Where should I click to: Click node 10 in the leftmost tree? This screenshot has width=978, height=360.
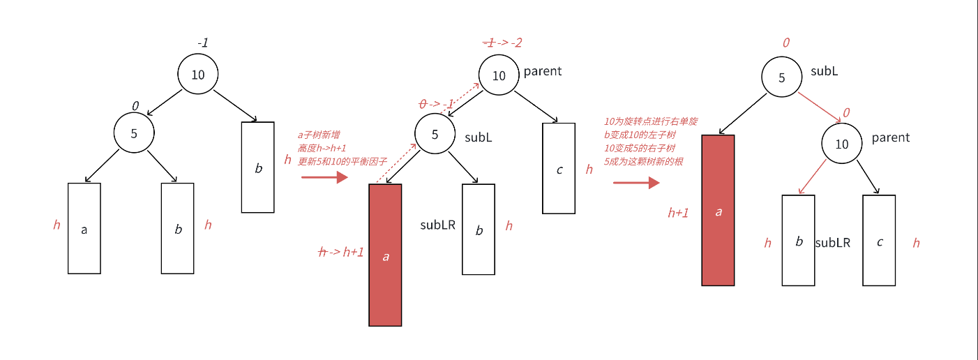click(x=198, y=74)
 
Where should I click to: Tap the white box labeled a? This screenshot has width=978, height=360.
click(x=84, y=228)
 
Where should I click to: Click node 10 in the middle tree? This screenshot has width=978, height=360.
click(x=499, y=75)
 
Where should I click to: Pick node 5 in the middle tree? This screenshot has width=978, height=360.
click(x=435, y=135)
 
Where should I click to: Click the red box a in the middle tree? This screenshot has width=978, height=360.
click(x=385, y=255)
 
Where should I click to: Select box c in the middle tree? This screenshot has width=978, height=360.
click(x=559, y=168)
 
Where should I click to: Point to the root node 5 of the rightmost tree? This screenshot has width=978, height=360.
click(x=781, y=77)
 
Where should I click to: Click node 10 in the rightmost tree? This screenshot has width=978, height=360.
click(x=842, y=144)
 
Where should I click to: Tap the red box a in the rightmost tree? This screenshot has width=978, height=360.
click(x=718, y=210)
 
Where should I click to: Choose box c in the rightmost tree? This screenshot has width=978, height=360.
click(x=879, y=241)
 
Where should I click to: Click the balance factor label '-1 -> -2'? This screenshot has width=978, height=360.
click(x=502, y=43)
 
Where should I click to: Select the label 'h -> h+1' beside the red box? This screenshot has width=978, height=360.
click(x=341, y=252)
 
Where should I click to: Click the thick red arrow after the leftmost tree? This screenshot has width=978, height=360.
click(x=324, y=177)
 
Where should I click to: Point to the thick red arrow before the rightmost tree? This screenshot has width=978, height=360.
click(x=636, y=183)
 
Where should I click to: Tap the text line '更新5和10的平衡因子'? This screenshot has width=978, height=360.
click(x=333, y=161)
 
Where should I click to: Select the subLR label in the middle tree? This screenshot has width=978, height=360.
click(x=437, y=225)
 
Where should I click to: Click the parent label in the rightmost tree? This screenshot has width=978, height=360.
click(x=891, y=137)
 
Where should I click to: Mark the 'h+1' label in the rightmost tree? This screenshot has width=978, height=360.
click(x=678, y=213)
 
